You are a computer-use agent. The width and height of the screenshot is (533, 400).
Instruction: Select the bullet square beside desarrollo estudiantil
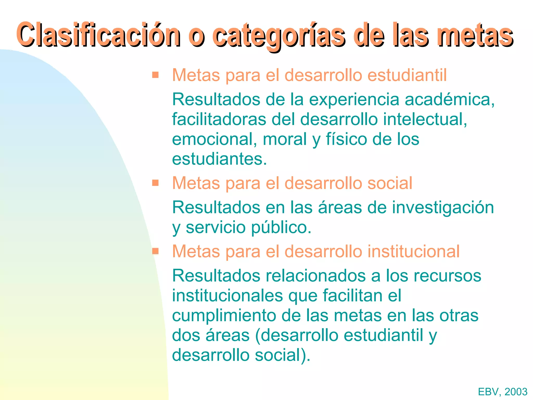coord(155,75)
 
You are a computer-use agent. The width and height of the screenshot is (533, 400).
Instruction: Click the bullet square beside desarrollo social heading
coord(155,183)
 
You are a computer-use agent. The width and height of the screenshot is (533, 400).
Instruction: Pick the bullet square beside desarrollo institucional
coord(155,251)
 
